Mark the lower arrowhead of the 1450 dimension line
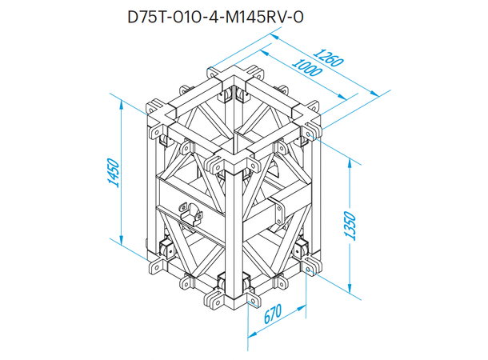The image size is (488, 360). [120, 240]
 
